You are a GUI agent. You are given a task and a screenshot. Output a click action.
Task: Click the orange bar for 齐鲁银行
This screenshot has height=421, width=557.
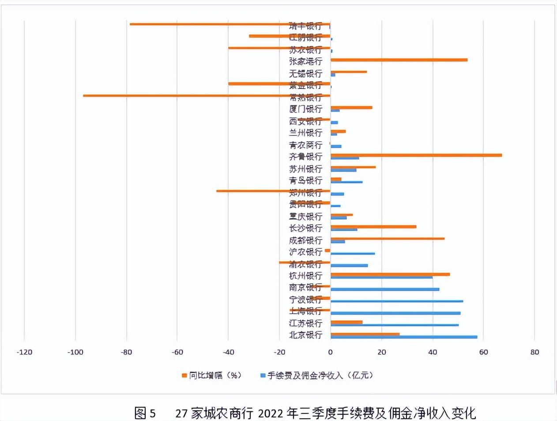point(416,155)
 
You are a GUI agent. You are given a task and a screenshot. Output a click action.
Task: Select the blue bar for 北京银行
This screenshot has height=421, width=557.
point(403,337)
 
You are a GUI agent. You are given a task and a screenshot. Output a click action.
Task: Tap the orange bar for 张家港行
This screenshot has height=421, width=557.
point(399,60)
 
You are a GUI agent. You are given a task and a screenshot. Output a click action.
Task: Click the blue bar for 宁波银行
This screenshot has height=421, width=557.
point(396,301)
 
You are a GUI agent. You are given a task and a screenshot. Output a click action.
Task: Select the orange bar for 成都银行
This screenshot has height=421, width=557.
point(387,238)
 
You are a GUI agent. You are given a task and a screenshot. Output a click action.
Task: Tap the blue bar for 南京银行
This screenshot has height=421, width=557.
point(384,289)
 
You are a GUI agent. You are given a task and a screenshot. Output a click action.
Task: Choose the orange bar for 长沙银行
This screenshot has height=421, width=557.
point(373,226)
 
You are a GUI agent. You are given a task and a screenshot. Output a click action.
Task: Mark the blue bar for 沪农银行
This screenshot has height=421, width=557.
point(352,253)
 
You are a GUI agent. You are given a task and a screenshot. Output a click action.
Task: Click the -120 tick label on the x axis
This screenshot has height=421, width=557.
point(24,352)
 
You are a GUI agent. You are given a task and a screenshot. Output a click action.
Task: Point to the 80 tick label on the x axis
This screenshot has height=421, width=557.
point(534,352)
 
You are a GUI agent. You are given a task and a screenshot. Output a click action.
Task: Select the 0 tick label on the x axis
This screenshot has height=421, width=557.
point(330,352)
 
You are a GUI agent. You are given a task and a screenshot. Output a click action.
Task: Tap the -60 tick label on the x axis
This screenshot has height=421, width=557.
point(177,352)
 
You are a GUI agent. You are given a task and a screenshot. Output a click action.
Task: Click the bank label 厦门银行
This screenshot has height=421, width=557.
point(305,109)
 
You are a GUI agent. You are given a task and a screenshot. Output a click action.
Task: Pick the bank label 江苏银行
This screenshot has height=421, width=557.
point(305,323)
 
